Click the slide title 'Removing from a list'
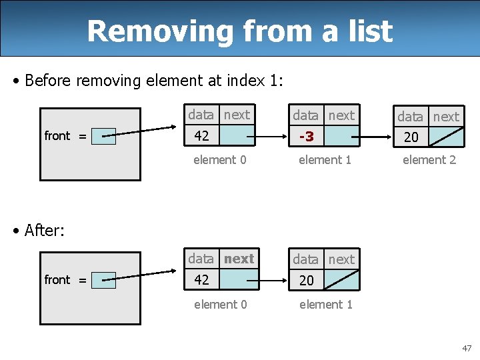pyautogui.click(x=239, y=31)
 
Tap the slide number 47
pyautogui.click(x=466, y=348)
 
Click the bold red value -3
pyautogui.click(x=307, y=136)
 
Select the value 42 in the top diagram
pyautogui.click(x=201, y=136)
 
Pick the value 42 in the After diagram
pyautogui.click(x=201, y=280)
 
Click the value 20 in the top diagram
pyautogui.click(x=411, y=137)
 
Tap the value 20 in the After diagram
pyautogui.click(x=306, y=281)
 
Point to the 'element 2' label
pyautogui.click(x=429, y=160)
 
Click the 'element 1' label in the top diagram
pyautogui.click(x=325, y=160)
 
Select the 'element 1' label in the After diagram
pyautogui.click(x=325, y=305)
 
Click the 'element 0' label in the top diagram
pyautogui.click(x=219, y=160)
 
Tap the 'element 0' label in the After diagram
pyautogui.click(x=220, y=305)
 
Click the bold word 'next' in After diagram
pyautogui.click(x=239, y=259)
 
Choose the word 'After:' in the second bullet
pyautogui.click(x=43, y=230)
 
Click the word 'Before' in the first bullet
pyautogui.click(x=49, y=81)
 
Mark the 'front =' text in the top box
pyautogui.click(x=65, y=136)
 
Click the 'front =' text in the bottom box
pyautogui.click(x=65, y=280)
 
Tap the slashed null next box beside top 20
pyautogui.click(x=446, y=137)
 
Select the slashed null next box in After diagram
pyautogui.click(x=342, y=281)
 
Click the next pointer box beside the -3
pyautogui.click(x=342, y=136)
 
